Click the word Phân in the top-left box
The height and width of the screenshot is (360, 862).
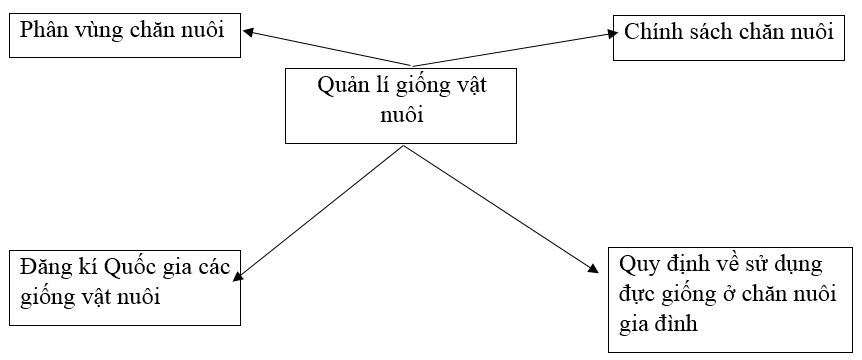pyautogui.click(x=41, y=31)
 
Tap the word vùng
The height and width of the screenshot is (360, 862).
pyautogui.click(x=100, y=31)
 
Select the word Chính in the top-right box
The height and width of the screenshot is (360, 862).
pyautogui.click(x=651, y=31)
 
